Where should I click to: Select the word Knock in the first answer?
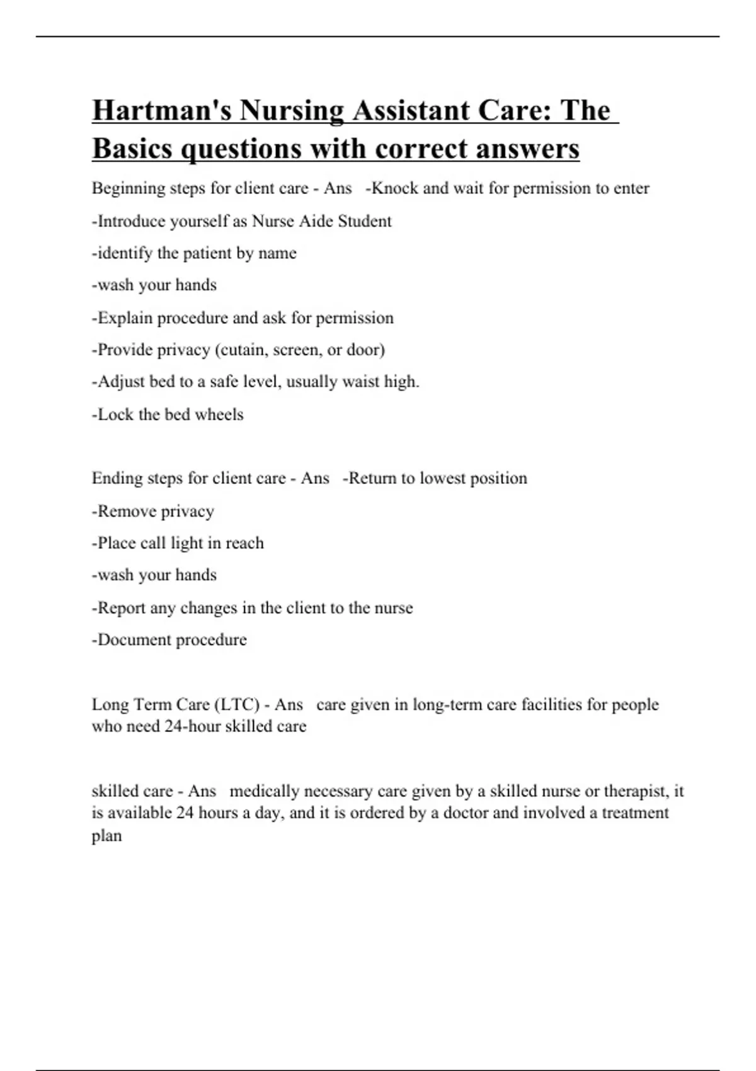tap(395, 188)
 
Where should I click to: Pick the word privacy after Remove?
tap(187, 511)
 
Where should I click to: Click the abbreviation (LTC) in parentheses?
tap(237, 704)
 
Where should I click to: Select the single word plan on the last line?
tap(106, 836)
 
